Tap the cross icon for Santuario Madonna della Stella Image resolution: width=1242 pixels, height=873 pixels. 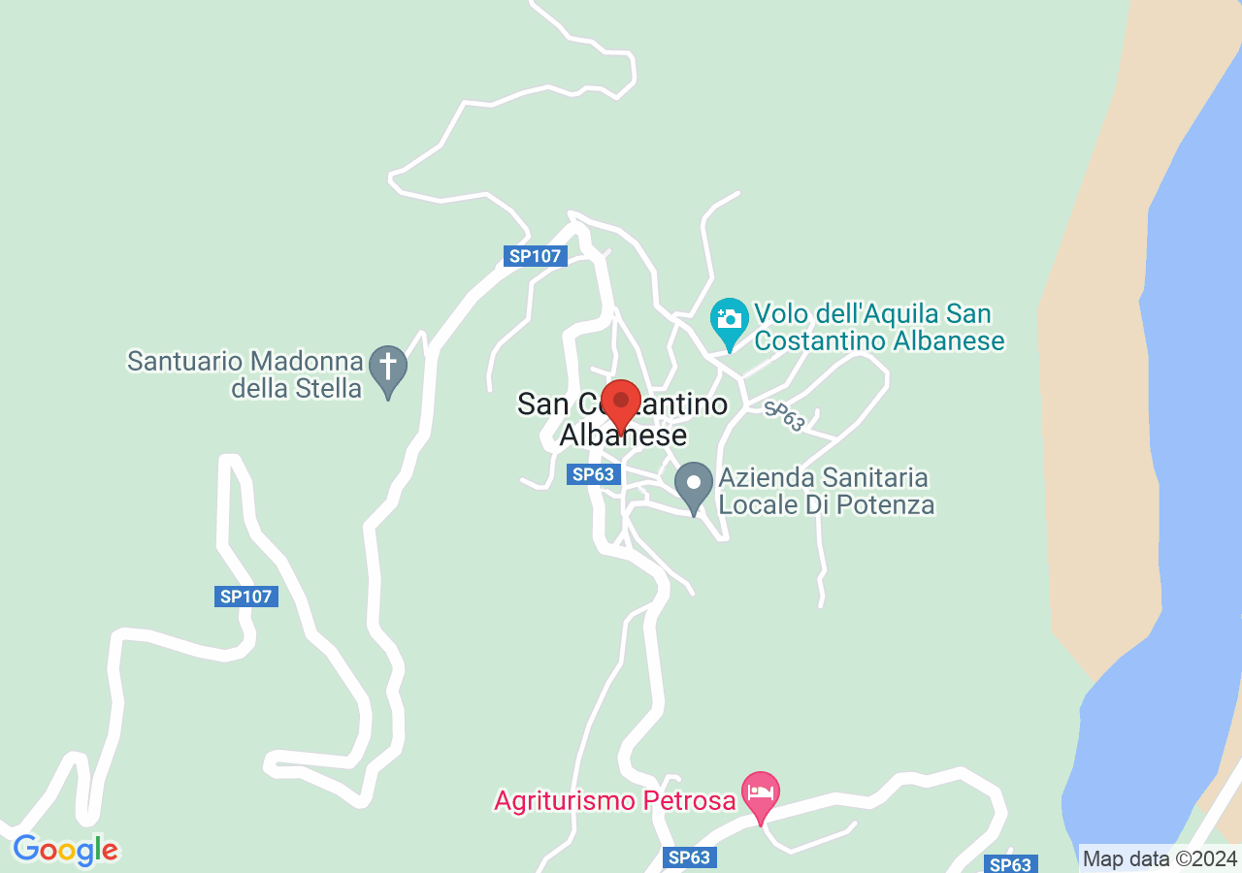388,368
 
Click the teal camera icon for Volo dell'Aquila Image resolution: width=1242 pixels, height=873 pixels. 729,319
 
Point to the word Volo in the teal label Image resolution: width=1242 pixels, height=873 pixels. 780,314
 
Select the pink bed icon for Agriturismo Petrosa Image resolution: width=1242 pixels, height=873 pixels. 761,792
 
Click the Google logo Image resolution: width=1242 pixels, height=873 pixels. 65,851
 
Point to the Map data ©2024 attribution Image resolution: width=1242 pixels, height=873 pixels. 1160,858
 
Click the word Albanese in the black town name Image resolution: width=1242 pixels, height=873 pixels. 623,436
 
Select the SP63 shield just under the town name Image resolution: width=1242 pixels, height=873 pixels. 593,474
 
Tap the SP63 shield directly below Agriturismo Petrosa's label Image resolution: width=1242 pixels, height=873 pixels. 690,857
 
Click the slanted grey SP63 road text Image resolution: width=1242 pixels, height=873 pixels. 784,415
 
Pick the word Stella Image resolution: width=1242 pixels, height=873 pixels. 336,389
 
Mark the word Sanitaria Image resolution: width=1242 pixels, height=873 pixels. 875,478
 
